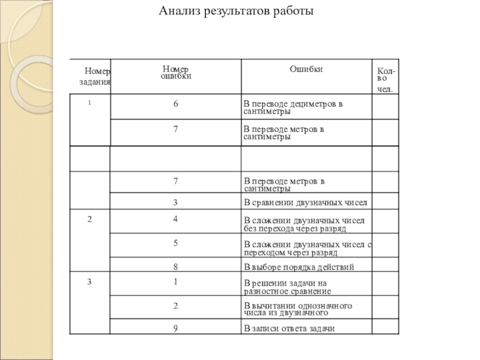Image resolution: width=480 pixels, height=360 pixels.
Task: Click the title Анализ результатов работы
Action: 236,11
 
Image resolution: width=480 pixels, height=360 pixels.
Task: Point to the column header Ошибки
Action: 306,70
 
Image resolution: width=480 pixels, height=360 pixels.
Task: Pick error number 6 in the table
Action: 176,104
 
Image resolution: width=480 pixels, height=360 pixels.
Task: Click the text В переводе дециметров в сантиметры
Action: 292,107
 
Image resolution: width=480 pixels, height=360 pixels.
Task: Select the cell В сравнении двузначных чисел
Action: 305,202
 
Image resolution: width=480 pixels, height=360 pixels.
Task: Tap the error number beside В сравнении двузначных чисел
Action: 176,202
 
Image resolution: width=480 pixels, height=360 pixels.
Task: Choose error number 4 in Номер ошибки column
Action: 176,219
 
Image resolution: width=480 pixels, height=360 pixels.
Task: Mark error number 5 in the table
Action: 176,243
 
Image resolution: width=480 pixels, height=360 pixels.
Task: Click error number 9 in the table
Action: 176,328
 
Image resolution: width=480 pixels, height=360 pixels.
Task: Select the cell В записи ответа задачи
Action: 289,328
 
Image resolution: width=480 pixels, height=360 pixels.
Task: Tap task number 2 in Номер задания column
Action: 89,219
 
